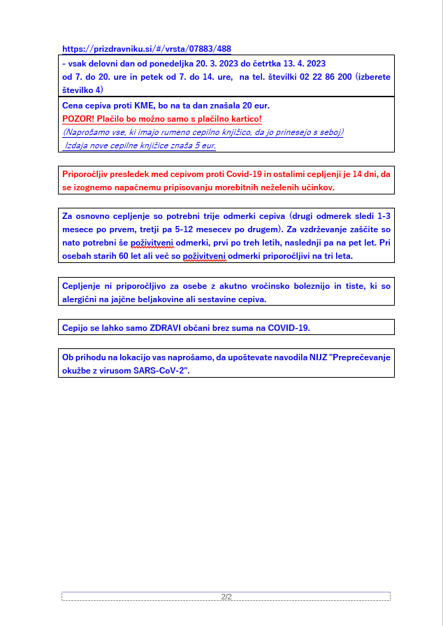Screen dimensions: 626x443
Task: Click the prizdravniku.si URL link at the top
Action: [x=147, y=49]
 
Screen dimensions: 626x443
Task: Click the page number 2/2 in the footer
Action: [x=226, y=597]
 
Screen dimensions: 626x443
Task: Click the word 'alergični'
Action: [x=82, y=299]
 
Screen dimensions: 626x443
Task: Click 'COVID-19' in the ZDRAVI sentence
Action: [x=289, y=327]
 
